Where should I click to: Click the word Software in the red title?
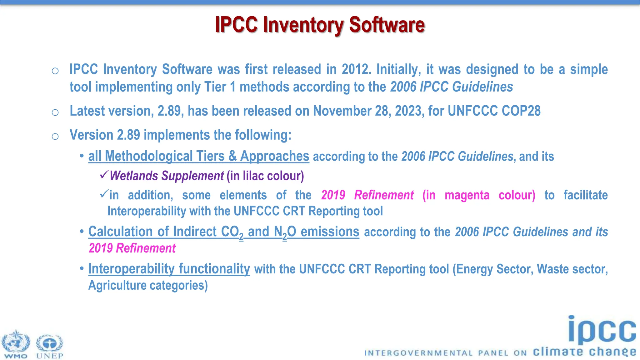pyautogui.click(x=387, y=25)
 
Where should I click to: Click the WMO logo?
pyautogui.click(x=16, y=344)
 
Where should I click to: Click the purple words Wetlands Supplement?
pyautogui.click(x=167, y=176)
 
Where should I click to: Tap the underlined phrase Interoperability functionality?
pyautogui.click(x=169, y=269)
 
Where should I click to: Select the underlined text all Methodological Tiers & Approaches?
pyautogui.click(x=198, y=156)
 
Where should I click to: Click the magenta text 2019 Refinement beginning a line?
pyautogui.click(x=132, y=248)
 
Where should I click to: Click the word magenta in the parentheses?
pyautogui.click(x=467, y=195)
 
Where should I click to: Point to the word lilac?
pyautogui.click(x=253, y=176)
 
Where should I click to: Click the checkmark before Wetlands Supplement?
pyautogui.click(x=104, y=174)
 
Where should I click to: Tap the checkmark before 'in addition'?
pyautogui.click(x=104, y=194)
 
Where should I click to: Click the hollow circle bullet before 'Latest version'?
pyautogui.click(x=55, y=112)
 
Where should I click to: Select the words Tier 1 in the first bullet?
pyautogui.click(x=220, y=87)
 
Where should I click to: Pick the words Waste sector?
pyautogui.click(x=571, y=269)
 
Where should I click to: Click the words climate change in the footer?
pyautogui.click(x=584, y=352)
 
